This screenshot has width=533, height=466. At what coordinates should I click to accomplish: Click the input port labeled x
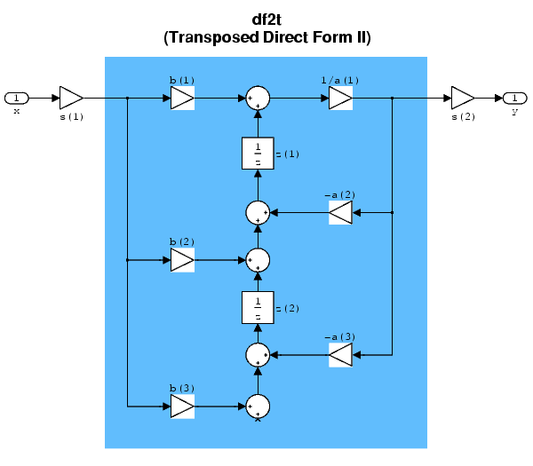17,98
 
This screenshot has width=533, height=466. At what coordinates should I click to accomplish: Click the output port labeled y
515,98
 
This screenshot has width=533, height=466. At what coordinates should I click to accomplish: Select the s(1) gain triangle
71,98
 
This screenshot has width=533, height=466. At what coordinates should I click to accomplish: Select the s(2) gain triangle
463,98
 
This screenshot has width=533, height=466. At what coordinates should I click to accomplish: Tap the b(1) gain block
182,98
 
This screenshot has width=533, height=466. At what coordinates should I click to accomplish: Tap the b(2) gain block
182,260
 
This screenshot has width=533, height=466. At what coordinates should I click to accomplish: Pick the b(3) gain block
182,407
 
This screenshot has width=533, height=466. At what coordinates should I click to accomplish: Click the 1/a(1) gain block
340,98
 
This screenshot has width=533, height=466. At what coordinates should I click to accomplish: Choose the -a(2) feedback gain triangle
340,212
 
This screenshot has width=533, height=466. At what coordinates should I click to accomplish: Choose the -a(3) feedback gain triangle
340,355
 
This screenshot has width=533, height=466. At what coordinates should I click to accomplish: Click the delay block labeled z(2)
258,307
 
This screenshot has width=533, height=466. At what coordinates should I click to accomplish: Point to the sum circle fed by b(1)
258,98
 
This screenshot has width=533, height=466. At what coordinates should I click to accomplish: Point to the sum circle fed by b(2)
258,260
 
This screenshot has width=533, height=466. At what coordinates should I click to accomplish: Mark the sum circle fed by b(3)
258,407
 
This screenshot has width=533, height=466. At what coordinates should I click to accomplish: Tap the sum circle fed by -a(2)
258,212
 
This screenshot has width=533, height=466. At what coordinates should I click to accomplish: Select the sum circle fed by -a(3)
258,355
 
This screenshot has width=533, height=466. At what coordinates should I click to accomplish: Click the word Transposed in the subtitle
206,38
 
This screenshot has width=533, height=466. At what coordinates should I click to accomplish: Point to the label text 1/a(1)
340,81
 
